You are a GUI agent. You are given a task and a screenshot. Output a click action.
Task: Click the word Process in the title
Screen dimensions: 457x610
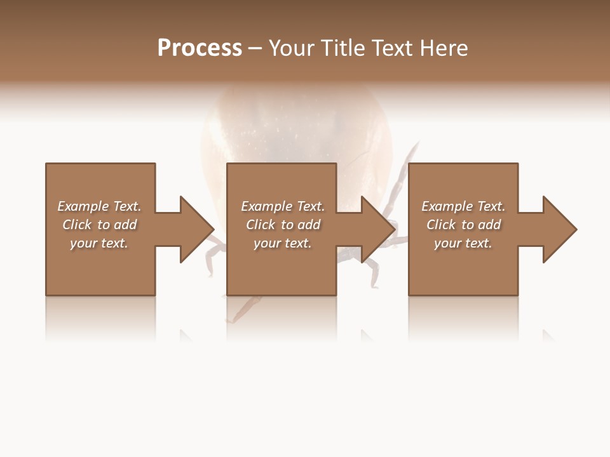(x=200, y=48)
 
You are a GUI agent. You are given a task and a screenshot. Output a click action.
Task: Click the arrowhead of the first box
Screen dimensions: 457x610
(x=196, y=229)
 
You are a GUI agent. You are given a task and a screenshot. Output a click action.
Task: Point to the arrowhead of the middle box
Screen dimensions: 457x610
(x=378, y=229)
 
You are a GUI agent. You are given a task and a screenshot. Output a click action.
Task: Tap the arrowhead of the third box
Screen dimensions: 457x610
(x=559, y=229)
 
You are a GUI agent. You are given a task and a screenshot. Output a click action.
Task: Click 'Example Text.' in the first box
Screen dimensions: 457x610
(x=99, y=206)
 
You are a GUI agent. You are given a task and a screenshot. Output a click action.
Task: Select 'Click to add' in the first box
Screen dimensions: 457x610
(x=99, y=225)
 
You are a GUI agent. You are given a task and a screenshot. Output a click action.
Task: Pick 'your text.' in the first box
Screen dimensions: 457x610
(x=99, y=243)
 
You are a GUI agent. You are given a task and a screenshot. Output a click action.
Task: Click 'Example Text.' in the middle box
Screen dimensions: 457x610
(x=282, y=206)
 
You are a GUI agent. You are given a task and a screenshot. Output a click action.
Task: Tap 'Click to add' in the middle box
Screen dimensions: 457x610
(x=282, y=225)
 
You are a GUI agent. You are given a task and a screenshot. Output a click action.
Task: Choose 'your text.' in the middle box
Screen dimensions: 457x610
(x=282, y=243)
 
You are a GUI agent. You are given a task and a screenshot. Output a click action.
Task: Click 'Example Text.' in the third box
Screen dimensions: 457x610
(x=463, y=206)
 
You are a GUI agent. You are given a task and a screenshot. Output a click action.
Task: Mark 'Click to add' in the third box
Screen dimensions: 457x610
(x=463, y=225)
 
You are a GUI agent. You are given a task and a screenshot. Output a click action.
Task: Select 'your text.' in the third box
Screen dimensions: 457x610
(x=463, y=243)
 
